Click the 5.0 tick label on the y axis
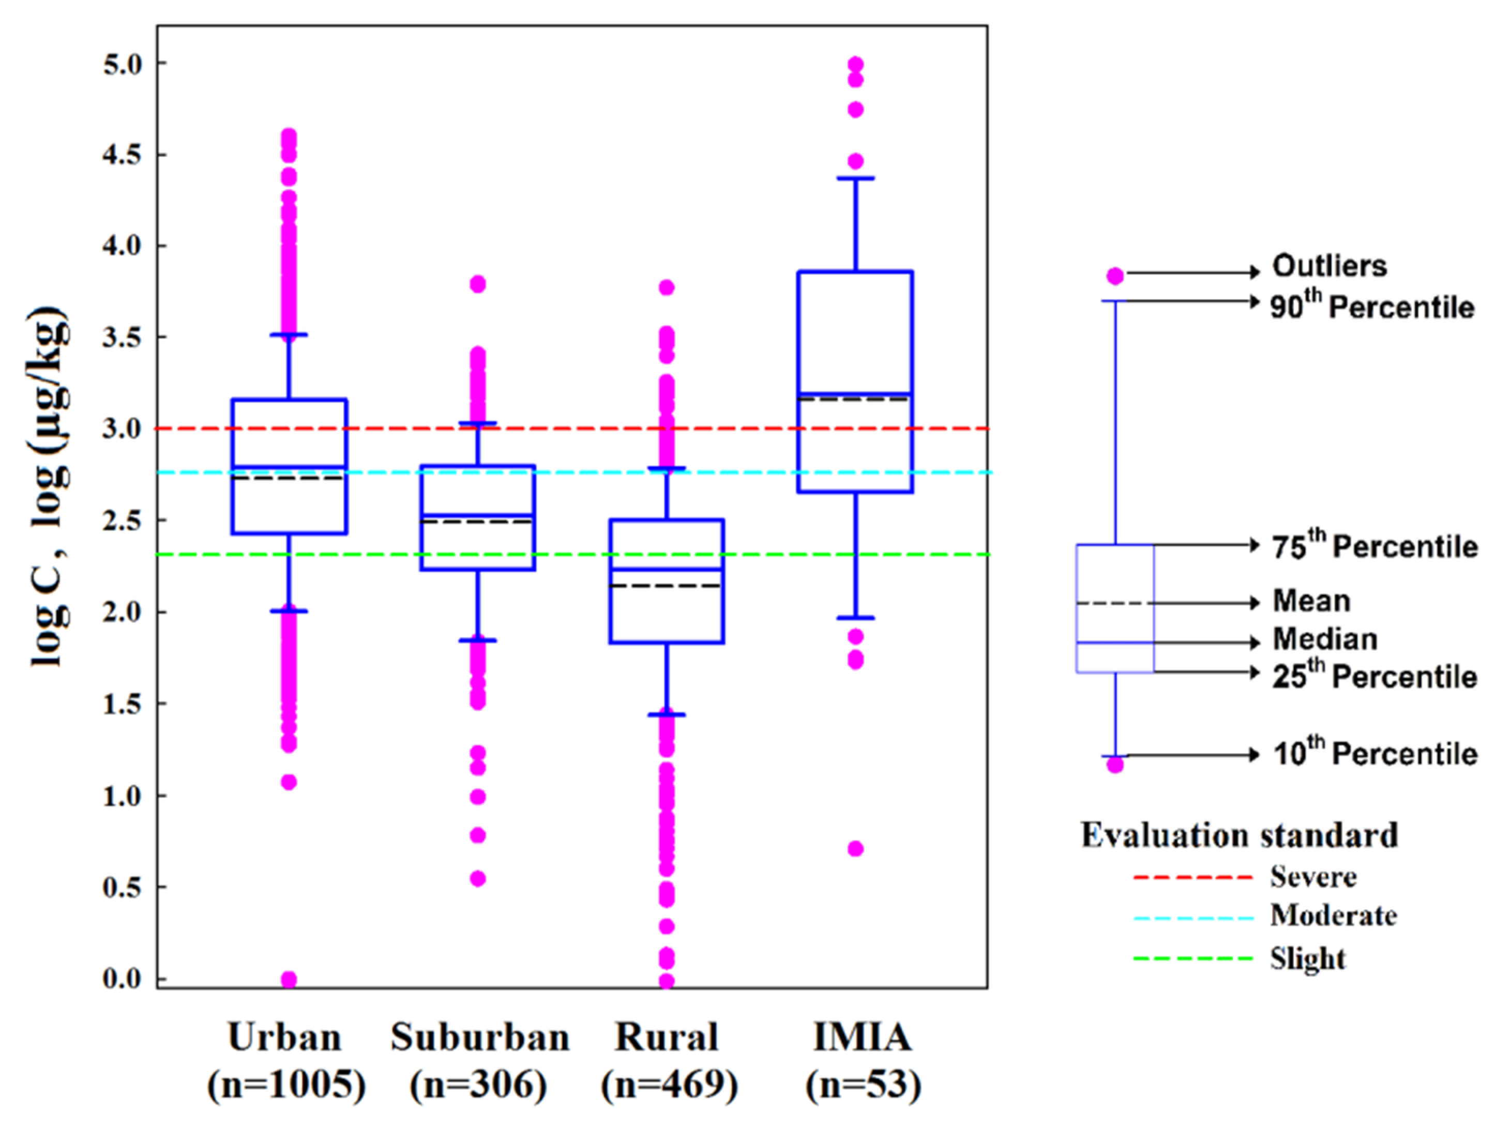click(x=123, y=65)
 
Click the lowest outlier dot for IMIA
click(x=855, y=849)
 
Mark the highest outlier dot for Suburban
click(x=478, y=284)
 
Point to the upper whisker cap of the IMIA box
click(x=855, y=178)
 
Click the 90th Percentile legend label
click(x=1372, y=307)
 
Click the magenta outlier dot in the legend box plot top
click(x=1115, y=276)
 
